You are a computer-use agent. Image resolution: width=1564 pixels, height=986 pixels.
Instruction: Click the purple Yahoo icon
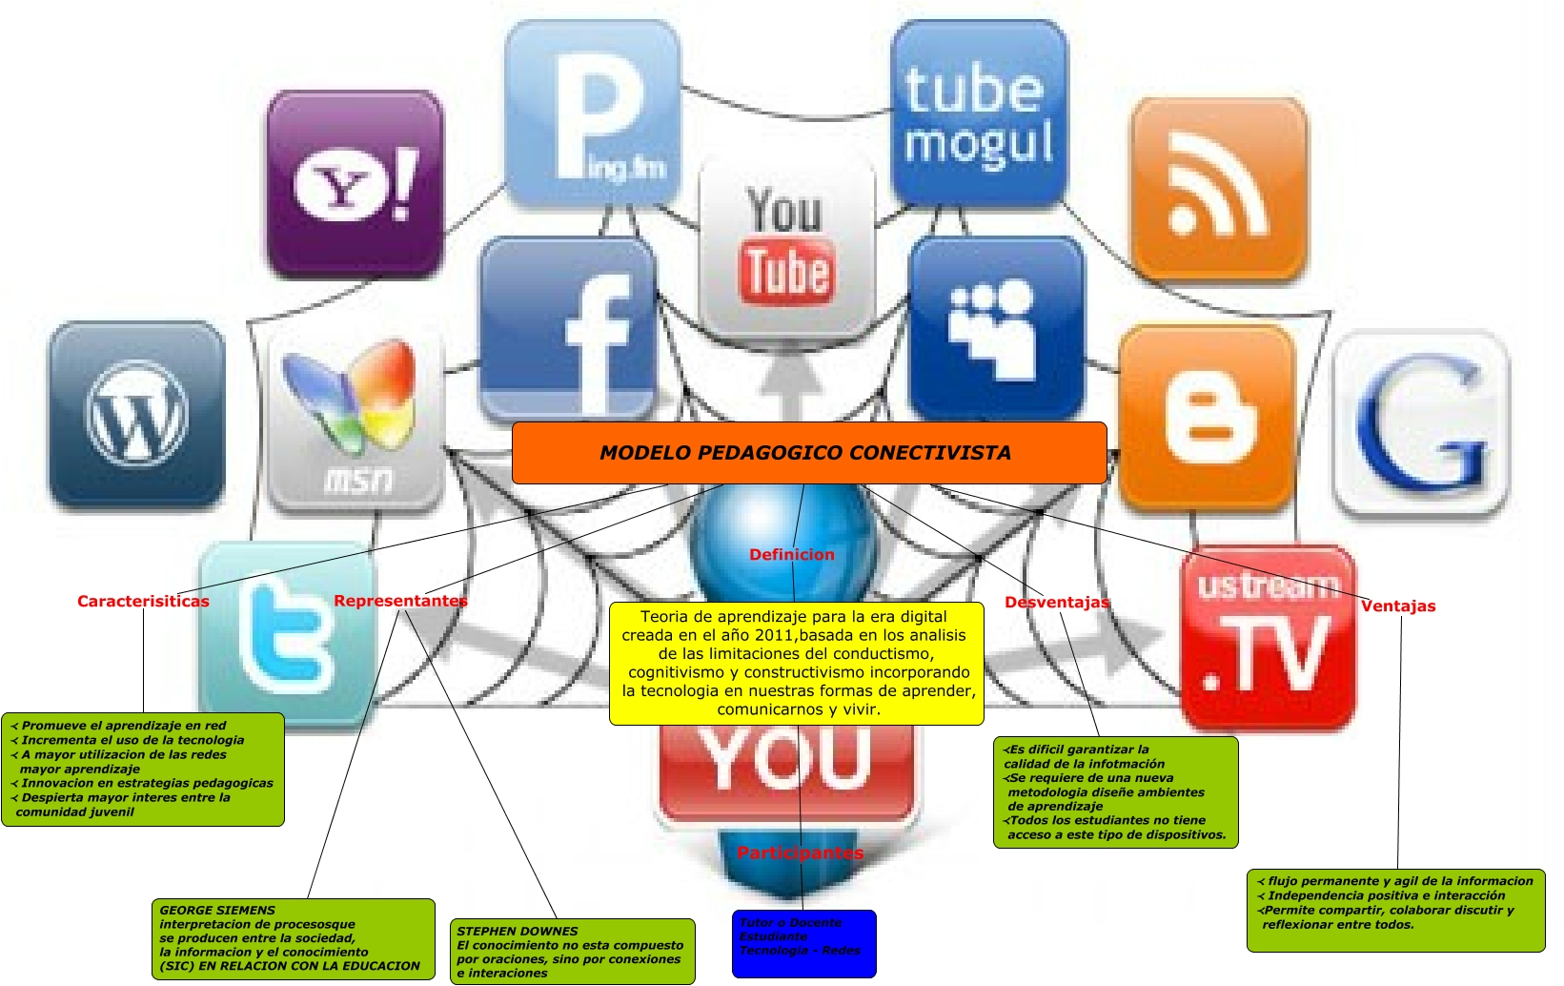pyautogui.click(x=355, y=185)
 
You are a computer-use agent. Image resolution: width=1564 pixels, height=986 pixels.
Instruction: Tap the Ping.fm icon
pyautogui.click(x=592, y=113)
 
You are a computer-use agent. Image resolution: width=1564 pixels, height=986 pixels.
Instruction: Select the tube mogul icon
pyautogui.click(x=978, y=113)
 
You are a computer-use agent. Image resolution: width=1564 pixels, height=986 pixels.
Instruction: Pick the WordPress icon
pyautogui.click(x=136, y=415)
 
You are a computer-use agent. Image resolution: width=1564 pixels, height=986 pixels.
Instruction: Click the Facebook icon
pyautogui.click(x=569, y=329)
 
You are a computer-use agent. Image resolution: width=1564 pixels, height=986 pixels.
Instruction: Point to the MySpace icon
pyautogui.click(x=997, y=328)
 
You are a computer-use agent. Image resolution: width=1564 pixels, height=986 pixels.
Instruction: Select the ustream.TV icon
pyautogui.click(x=1268, y=634)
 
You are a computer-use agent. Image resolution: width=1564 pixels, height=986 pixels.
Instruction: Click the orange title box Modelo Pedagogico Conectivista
pyautogui.click(x=808, y=453)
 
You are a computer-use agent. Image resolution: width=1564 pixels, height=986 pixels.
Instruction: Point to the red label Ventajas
pyautogui.click(x=1397, y=606)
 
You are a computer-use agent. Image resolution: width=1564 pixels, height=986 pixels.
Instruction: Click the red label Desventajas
pyautogui.click(x=1057, y=603)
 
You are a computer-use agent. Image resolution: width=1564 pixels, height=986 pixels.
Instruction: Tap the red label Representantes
pyautogui.click(x=400, y=601)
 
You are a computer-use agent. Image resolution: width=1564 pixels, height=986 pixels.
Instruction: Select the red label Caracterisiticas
pyautogui.click(x=143, y=602)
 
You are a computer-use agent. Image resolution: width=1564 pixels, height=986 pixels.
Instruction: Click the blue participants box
pyautogui.click(x=803, y=943)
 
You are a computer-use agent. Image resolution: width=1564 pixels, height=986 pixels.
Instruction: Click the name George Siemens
pyautogui.click(x=217, y=911)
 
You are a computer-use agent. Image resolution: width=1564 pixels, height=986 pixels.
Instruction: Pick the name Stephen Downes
pyautogui.click(x=518, y=932)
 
